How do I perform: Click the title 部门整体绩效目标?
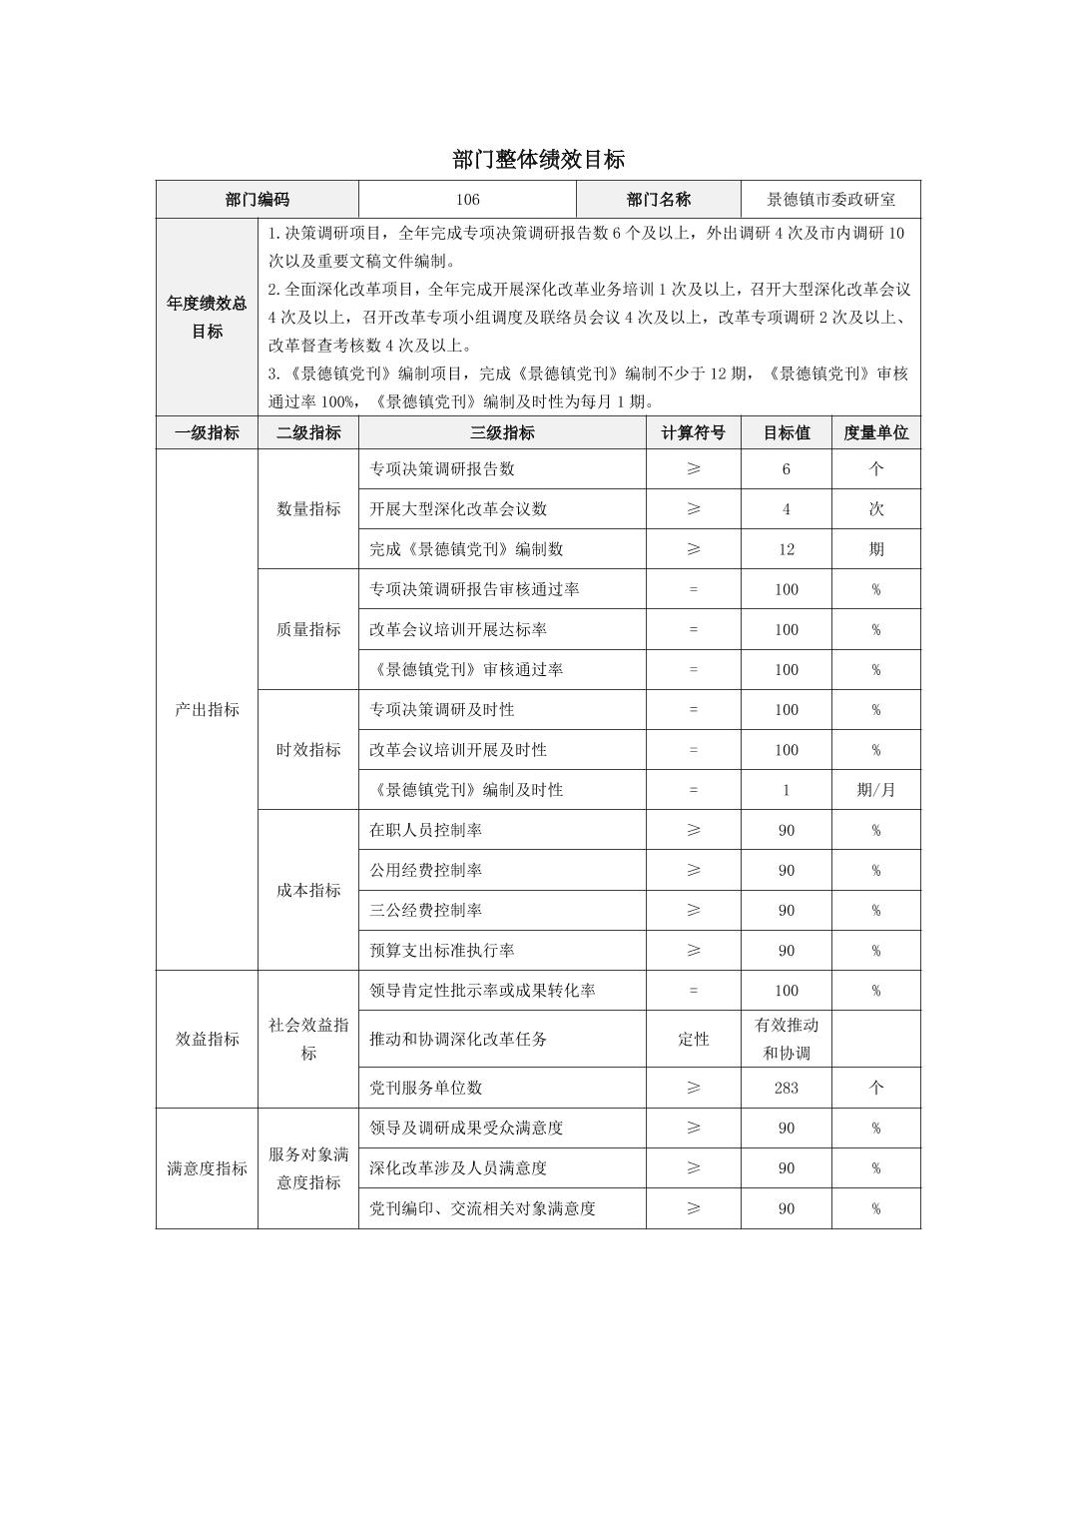pos(538,160)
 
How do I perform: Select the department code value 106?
pos(467,200)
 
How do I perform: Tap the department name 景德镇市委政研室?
pos(830,200)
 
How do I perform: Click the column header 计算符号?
pos(693,433)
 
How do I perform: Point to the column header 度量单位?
pos(875,433)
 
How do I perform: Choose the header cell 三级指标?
pos(502,433)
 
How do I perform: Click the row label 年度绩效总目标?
pos(207,318)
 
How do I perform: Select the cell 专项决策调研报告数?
pos(442,469)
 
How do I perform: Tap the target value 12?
pos(786,549)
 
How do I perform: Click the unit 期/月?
pos(875,790)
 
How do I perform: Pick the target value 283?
pos(786,1088)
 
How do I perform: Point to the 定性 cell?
pos(693,1039)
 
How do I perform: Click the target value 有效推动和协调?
pos(786,1039)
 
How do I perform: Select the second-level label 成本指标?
pos(308,890)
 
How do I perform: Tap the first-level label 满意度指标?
pos(207,1168)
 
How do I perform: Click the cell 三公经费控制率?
pos(426,911)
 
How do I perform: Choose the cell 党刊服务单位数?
pos(426,1088)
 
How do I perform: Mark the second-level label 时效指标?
pos(308,750)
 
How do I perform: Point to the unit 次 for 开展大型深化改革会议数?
pos(875,509)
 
